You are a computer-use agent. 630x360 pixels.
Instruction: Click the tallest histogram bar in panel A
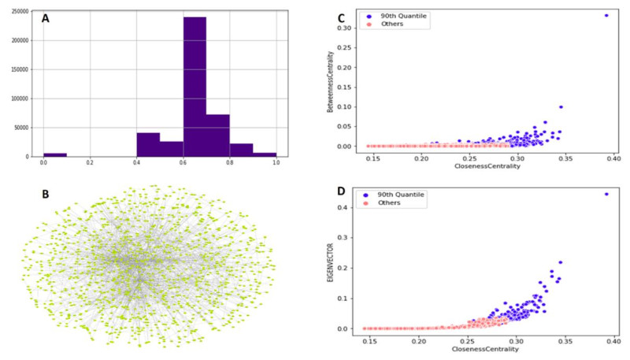pyautogui.click(x=195, y=87)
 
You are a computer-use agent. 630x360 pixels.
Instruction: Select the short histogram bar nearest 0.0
pyautogui.click(x=55, y=154)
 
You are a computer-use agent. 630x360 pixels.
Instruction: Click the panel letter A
pyautogui.click(x=46, y=18)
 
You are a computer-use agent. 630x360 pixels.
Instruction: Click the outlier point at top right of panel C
pyautogui.click(x=606, y=15)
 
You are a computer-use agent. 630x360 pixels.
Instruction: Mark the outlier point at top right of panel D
pyautogui.click(x=606, y=194)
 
